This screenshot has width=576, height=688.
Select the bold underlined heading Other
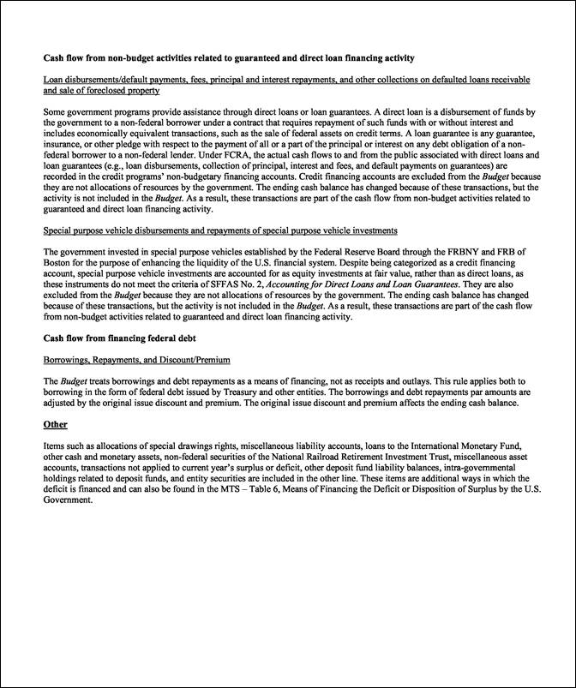tap(56, 424)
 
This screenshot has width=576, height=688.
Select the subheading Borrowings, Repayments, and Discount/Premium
tap(136, 359)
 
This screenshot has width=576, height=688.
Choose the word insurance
tap(65, 144)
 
